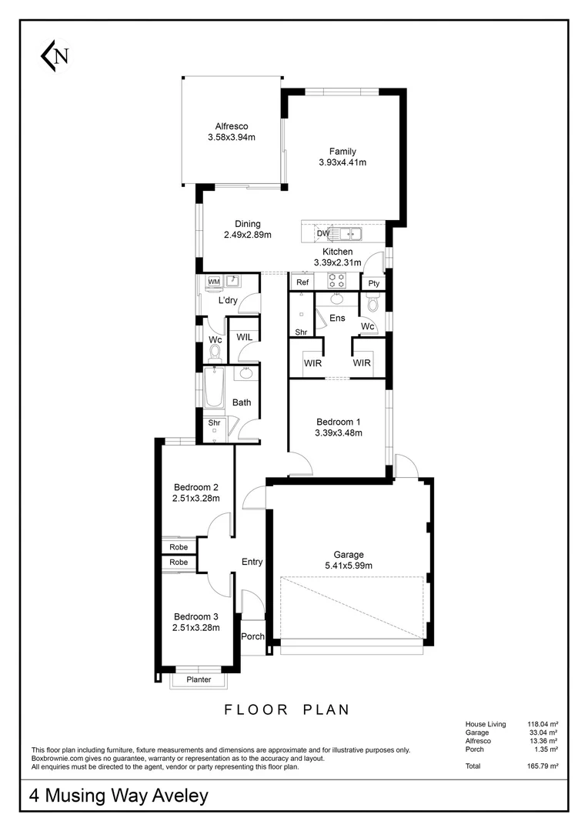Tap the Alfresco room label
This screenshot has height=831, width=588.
click(231, 127)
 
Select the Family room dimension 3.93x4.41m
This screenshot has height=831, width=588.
click(342, 162)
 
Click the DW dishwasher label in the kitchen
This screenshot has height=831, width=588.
click(323, 233)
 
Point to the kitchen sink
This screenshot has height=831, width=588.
click(350, 233)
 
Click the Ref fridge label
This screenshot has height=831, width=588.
click(302, 283)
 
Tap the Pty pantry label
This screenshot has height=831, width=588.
click(374, 283)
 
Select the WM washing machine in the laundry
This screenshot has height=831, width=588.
click(214, 282)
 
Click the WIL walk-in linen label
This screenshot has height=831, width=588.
click(245, 337)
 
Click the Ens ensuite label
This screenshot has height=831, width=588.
click(337, 318)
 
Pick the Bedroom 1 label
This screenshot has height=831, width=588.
click(339, 422)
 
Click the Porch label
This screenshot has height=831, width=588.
click(252, 636)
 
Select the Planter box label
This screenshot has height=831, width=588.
click(198, 679)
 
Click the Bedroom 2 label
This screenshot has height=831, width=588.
click(196, 487)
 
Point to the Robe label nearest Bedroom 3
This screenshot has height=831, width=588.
click(179, 562)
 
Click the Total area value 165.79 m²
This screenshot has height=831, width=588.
click(543, 766)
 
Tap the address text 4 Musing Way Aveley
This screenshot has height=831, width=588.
click(119, 796)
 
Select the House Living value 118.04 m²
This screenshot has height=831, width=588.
click(543, 724)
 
